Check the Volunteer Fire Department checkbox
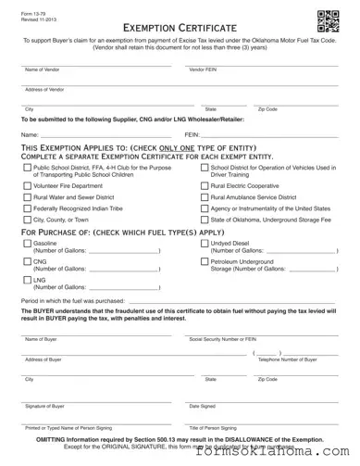(26, 185)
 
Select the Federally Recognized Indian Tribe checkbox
(26, 208)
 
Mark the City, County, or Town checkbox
(26, 220)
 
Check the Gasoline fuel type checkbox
(26, 243)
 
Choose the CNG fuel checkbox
(26, 262)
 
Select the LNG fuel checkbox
(26, 280)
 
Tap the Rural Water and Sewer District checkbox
(26, 197)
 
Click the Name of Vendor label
(42, 70)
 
